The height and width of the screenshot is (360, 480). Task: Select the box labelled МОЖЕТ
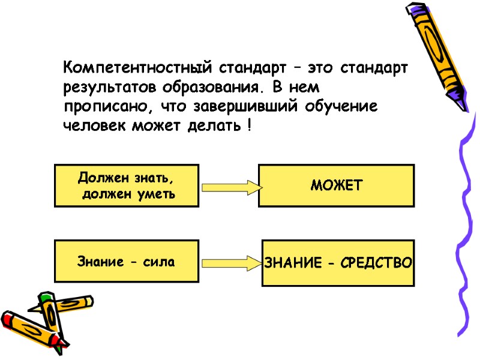(336, 185)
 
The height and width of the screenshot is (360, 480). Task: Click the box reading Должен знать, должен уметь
(127, 185)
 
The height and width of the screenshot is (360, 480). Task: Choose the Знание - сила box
(127, 261)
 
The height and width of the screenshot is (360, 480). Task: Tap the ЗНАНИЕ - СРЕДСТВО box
(338, 263)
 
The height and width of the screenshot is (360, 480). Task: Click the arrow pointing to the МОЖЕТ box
(230, 187)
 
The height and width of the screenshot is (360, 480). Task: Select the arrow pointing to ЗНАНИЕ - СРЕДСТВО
(231, 263)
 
